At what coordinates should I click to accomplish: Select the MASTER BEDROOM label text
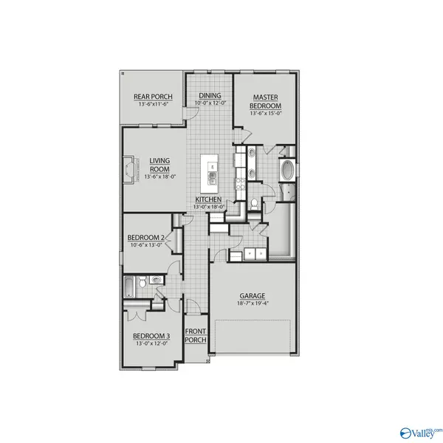point(264,101)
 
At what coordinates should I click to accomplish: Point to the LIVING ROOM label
point(160,164)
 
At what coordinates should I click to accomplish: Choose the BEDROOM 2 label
point(145,237)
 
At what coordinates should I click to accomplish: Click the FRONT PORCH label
point(195,336)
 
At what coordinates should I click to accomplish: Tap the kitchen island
point(212,171)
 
